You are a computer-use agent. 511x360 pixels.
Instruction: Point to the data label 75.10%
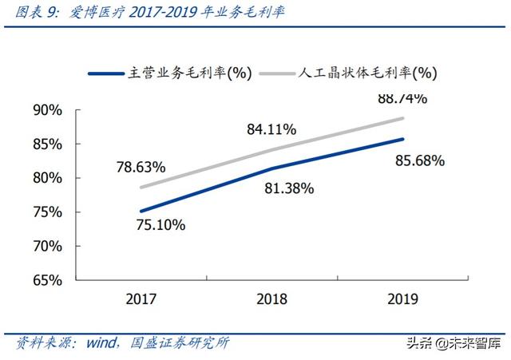[x=160, y=225]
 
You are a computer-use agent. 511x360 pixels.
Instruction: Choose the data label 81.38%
[x=288, y=189]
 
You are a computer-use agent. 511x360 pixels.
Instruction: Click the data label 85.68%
[x=419, y=160]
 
